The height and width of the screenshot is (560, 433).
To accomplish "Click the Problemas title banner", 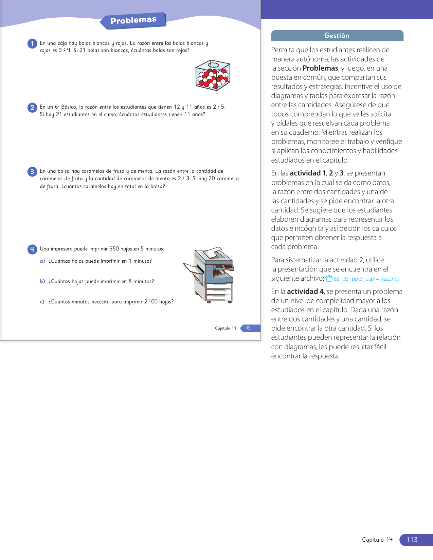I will [133, 20].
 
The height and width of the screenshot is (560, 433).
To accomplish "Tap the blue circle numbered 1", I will [32, 43].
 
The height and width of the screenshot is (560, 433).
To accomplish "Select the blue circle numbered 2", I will [32, 108].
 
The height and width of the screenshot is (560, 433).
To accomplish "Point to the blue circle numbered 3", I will [32, 172].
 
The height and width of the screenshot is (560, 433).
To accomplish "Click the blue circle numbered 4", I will [32, 249].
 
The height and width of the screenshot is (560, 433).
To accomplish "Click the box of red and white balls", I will [213, 75].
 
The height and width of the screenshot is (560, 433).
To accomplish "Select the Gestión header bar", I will [337, 36].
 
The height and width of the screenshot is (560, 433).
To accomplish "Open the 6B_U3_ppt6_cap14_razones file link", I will [366, 279].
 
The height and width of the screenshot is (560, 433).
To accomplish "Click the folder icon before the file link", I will [329, 279].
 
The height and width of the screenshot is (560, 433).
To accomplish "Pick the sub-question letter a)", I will [42, 261].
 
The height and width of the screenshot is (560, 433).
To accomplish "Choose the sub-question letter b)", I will [42, 281].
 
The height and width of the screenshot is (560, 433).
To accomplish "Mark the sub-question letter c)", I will [42, 302].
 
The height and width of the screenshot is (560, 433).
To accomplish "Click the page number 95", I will [248, 328].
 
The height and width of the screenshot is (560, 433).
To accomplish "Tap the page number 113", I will [412, 540].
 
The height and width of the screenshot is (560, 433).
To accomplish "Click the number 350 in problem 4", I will [114, 249].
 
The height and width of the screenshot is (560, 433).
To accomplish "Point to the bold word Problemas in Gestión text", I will [320, 68].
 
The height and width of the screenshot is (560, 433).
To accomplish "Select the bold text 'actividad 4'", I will [305, 292].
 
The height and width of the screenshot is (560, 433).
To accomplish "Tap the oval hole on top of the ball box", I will [213, 65].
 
